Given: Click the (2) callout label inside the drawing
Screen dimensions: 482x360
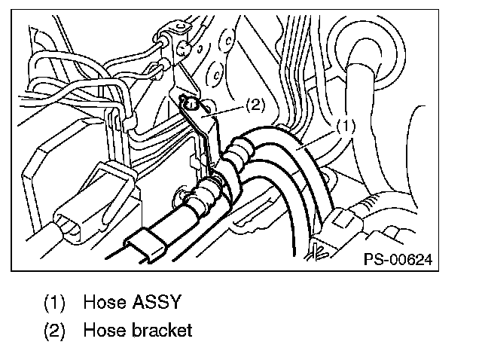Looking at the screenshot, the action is [255, 106].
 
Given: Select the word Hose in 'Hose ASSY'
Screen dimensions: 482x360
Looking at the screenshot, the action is [104, 303].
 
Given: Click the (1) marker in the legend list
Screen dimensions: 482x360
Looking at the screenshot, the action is [55, 303].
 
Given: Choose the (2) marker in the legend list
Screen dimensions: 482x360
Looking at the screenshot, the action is [55, 329].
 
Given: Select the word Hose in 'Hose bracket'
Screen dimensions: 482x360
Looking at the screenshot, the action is [104, 329].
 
